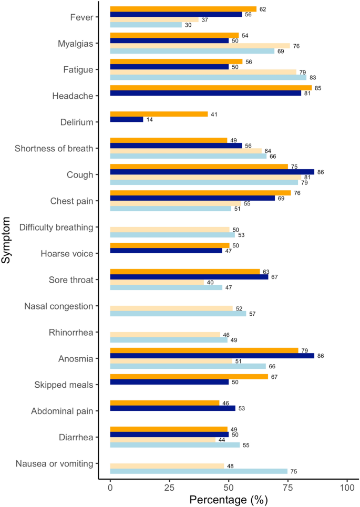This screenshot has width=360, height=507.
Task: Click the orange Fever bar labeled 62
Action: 183,9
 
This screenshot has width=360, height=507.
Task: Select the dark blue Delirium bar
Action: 127,119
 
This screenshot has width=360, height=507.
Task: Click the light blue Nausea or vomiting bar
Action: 199,471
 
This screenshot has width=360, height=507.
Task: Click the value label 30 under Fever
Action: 188,25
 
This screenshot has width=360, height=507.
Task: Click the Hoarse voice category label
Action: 67,253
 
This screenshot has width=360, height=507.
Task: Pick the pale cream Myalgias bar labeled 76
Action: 200,46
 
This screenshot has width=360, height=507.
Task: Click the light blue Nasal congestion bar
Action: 178,314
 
